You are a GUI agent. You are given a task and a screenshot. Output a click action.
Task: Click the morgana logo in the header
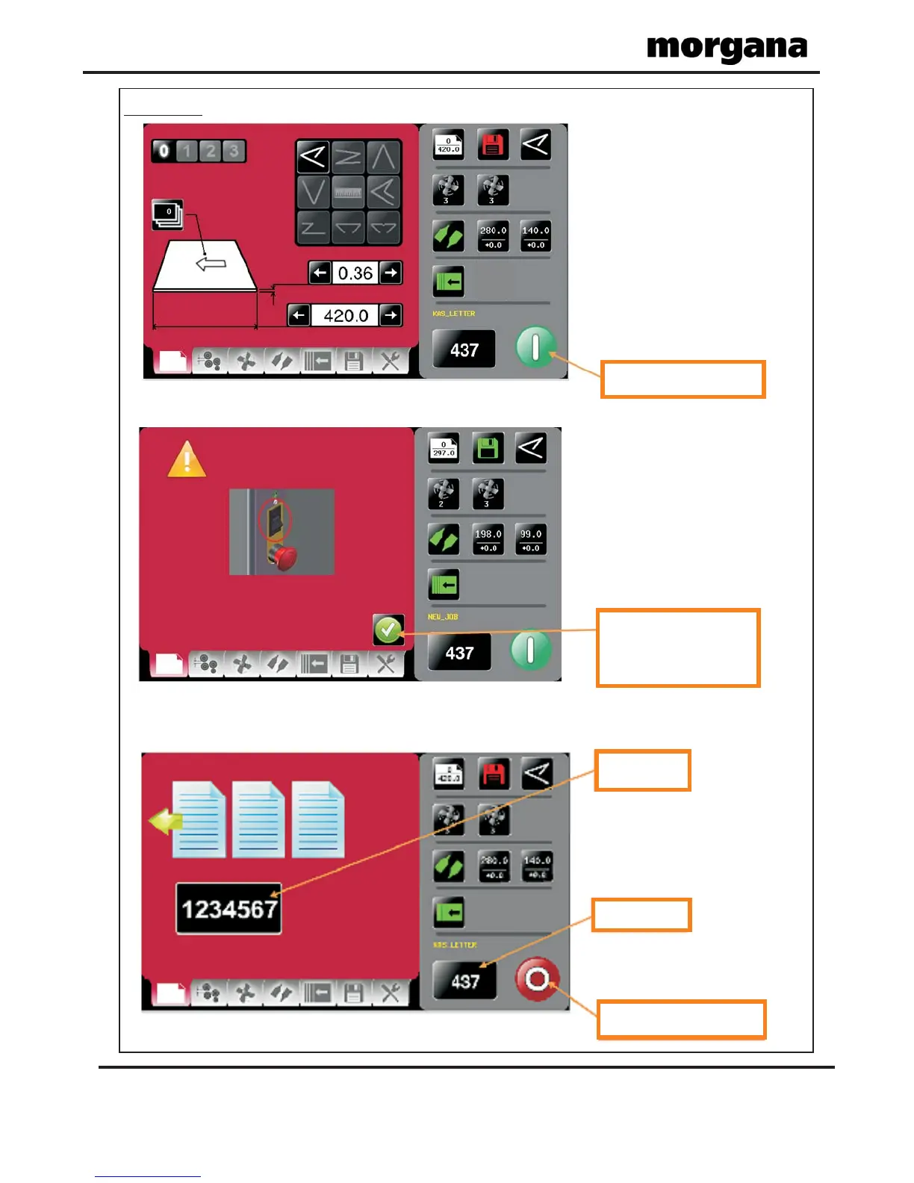(x=727, y=49)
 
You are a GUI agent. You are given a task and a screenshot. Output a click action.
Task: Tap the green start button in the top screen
(x=535, y=347)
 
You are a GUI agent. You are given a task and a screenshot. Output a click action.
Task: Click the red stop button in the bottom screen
(x=537, y=978)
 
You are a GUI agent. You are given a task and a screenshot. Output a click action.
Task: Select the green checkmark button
(x=388, y=630)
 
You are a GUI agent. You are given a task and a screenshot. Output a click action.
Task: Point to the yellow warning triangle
(x=187, y=459)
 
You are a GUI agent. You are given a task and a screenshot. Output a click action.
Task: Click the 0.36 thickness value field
(x=355, y=273)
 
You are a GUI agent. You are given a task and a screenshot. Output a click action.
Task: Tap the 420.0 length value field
(x=345, y=316)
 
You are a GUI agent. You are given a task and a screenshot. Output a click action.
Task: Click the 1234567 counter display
(x=228, y=909)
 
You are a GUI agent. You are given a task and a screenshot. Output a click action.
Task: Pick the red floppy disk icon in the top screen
(x=491, y=145)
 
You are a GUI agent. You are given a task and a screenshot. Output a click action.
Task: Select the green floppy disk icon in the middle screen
(x=488, y=448)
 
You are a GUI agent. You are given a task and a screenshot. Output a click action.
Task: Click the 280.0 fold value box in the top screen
(x=493, y=236)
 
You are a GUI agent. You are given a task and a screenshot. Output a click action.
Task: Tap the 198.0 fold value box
(x=488, y=539)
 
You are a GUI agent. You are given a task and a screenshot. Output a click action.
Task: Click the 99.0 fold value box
(x=531, y=539)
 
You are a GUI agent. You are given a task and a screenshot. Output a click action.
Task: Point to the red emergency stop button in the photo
(x=284, y=557)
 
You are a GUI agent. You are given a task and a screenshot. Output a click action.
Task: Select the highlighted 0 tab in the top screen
(x=164, y=151)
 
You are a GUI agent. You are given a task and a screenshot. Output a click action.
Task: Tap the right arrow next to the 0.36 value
(x=391, y=273)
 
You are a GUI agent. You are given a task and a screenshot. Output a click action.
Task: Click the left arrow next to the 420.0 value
(x=299, y=316)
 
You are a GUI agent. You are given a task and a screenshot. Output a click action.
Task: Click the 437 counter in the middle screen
(x=459, y=653)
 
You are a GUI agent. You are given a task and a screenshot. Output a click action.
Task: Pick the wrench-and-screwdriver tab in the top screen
(x=390, y=362)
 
